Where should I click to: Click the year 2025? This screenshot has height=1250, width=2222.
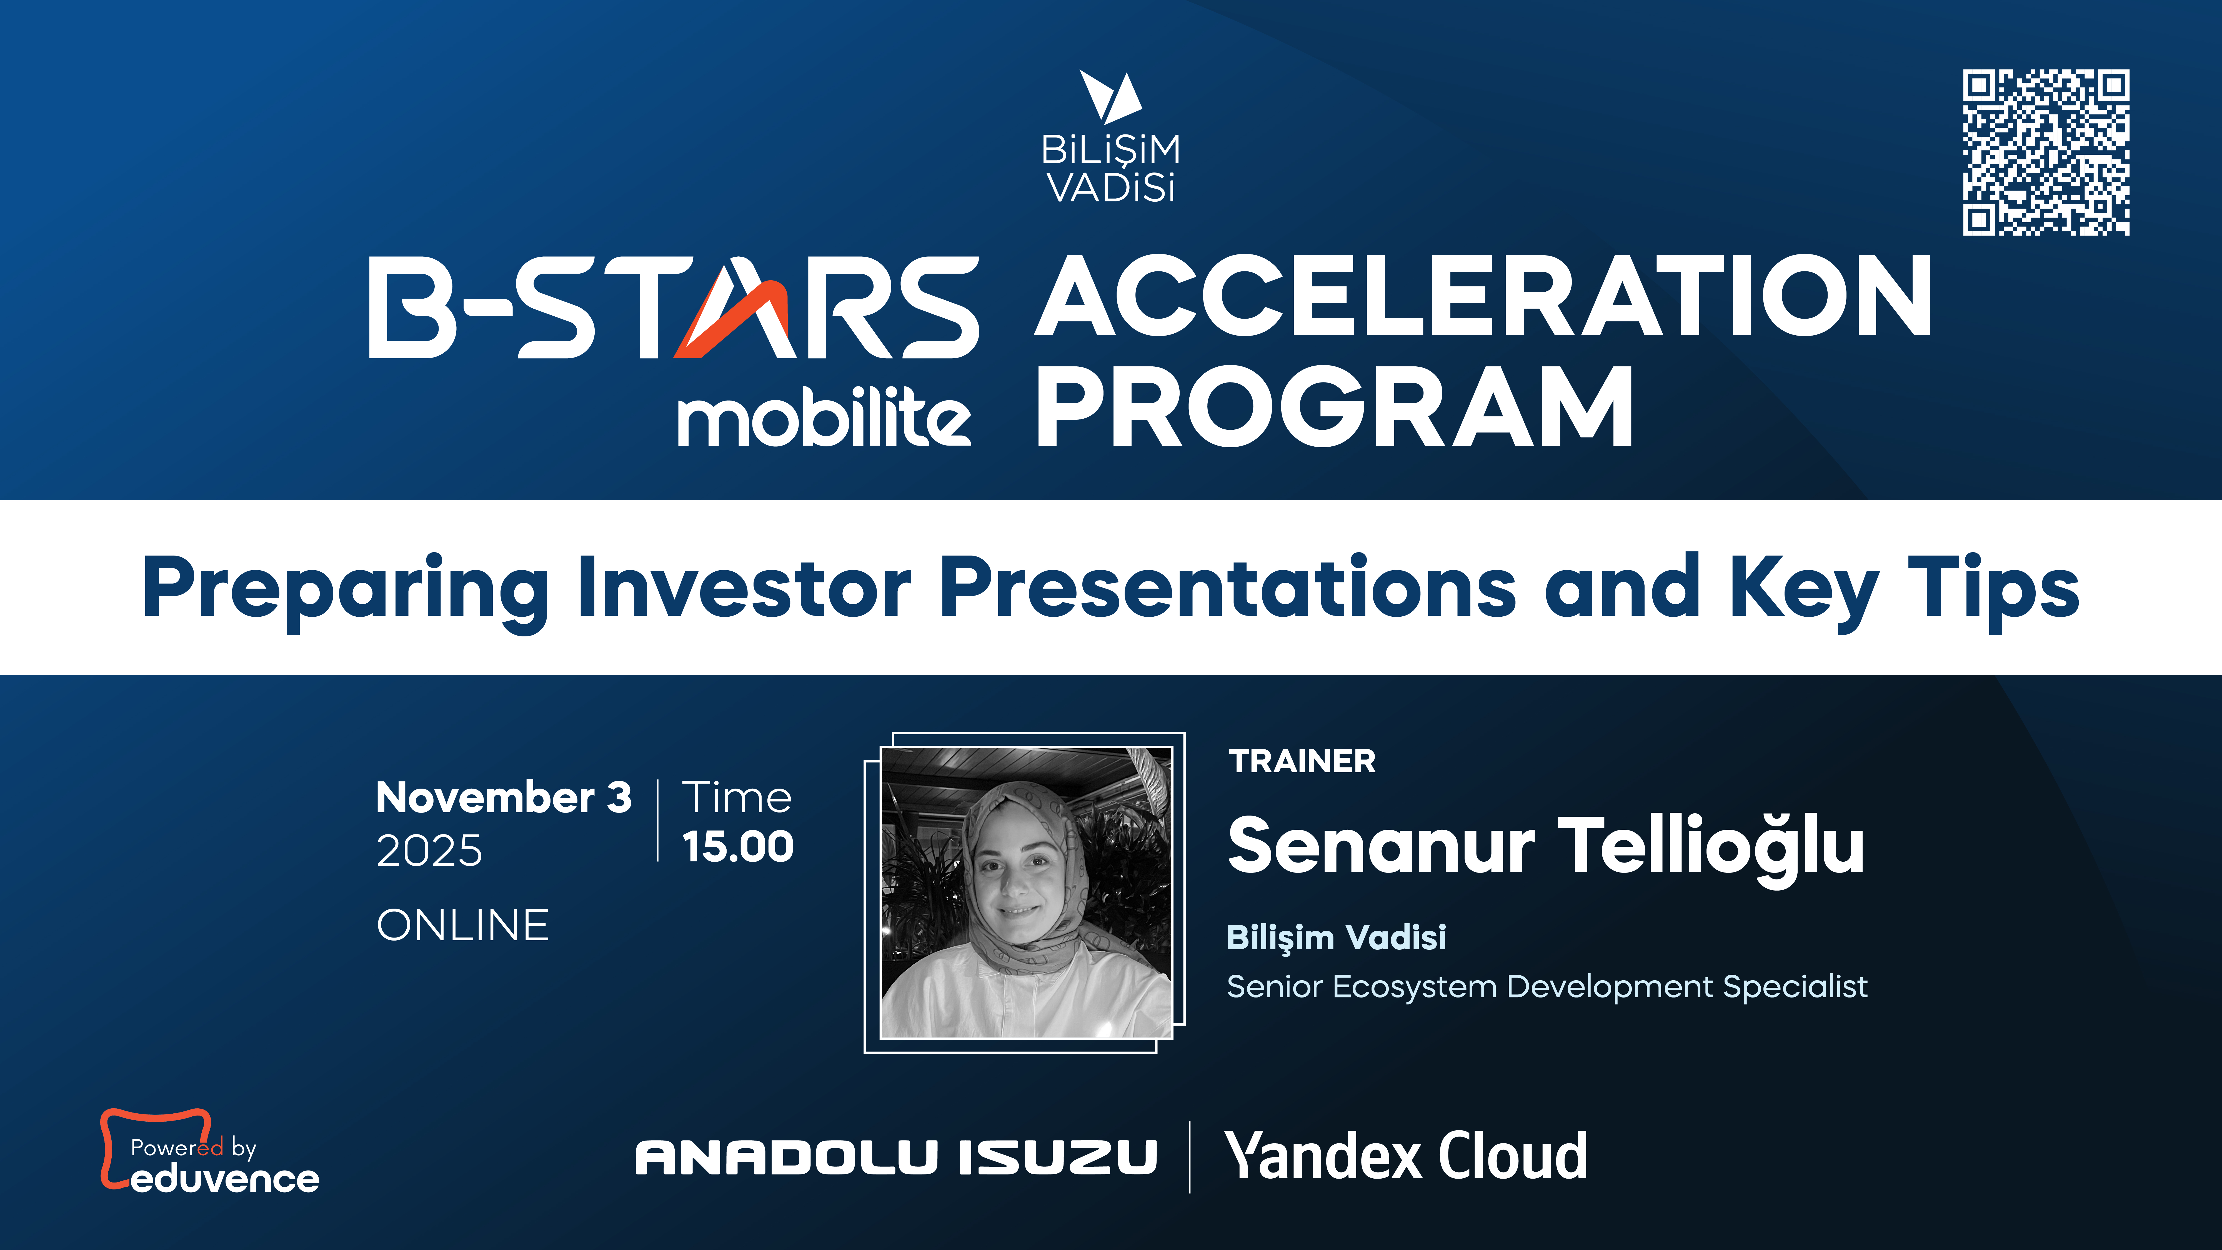click(x=430, y=851)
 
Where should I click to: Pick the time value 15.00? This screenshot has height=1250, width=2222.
click(x=737, y=847)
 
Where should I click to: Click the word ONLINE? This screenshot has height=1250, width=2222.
click(x=462, y=926)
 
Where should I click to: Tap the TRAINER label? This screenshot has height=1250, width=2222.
click(x=1302, y=762)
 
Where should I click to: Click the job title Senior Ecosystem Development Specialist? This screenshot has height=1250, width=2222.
click(x=1547, y=986)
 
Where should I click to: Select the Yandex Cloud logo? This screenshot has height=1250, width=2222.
click(x=1406, y=1156)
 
